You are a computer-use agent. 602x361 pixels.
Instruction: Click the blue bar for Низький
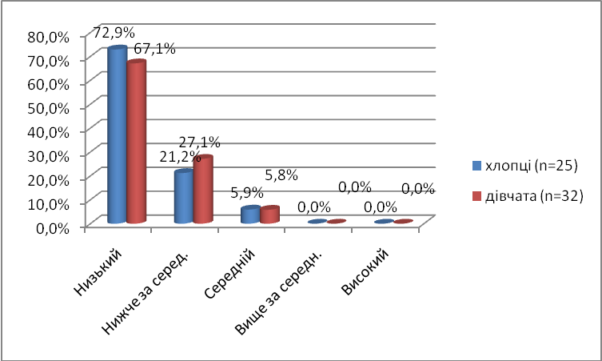[x=118, y=136]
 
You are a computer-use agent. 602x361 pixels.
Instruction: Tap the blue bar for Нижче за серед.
[x=183, y=197]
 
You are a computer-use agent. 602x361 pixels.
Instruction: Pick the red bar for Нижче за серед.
[x=203, y=190]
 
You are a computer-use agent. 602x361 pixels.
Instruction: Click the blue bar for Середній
[x=249, y=215]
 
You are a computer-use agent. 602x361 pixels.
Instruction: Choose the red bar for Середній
[x=269, y=215]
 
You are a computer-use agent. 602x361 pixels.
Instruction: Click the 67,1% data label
[x=154, y=48]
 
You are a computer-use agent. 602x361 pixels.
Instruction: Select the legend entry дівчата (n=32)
[x=524, y=195]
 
